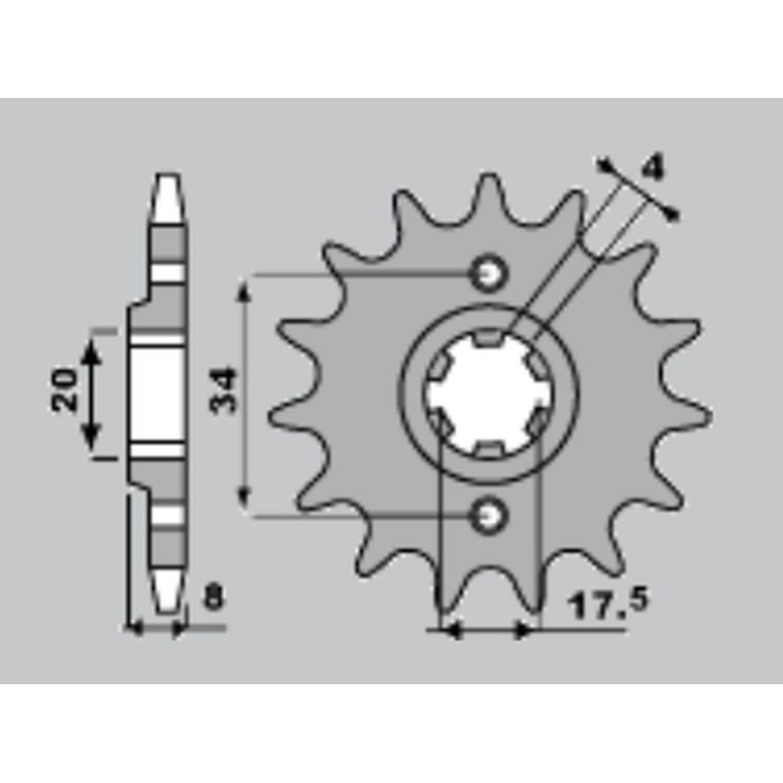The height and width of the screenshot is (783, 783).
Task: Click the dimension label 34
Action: point(225,391)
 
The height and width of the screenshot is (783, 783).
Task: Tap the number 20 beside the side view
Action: point(66,391)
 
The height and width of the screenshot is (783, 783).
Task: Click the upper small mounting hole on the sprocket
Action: point(488,273)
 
